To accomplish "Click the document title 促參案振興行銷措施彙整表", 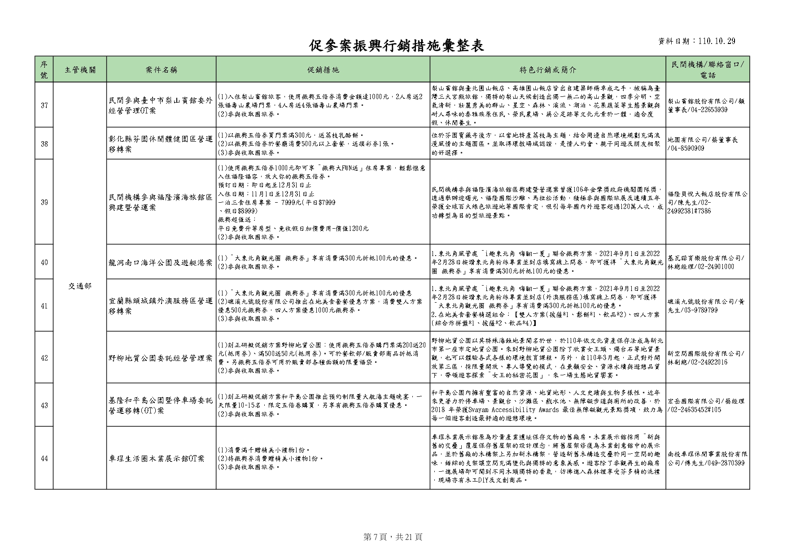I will (x=397, y=45).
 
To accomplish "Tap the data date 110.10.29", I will (x=717, y=41).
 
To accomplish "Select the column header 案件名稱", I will (x=161, y=69).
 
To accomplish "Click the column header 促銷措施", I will (x=323, y=69).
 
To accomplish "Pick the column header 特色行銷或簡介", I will (x=548, y=69).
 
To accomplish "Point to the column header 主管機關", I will (x=80, y=69).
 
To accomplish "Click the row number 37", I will (x=44, y=105).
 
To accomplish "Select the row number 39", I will (x=44, y=202).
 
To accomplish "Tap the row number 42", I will (x=44, y=358).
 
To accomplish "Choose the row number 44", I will (x=44, y=458).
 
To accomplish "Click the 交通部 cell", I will (x=80, y=286).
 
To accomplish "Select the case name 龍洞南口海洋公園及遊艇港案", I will (x=161, y=262).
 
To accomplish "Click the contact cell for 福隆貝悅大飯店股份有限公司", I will (x=708, y=202).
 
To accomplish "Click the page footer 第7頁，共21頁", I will (x=393, y=537).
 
